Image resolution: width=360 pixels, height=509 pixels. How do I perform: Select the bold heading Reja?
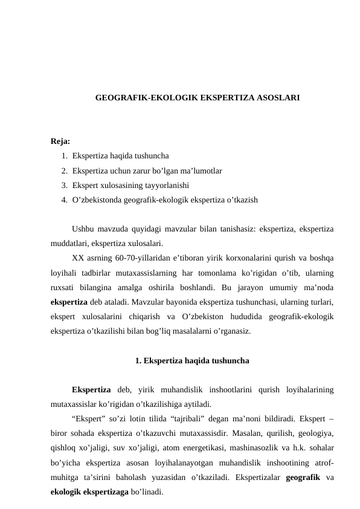click(60, 142)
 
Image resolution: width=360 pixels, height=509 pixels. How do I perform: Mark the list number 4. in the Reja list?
click(64, 199)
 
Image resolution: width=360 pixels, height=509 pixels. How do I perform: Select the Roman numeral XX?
click(77, 258)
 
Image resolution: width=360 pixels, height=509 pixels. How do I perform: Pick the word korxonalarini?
click(229, 258)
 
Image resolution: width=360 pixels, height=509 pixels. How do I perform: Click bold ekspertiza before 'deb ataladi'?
click(69, 301)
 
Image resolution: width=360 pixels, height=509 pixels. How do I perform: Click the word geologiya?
click(316, 433)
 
